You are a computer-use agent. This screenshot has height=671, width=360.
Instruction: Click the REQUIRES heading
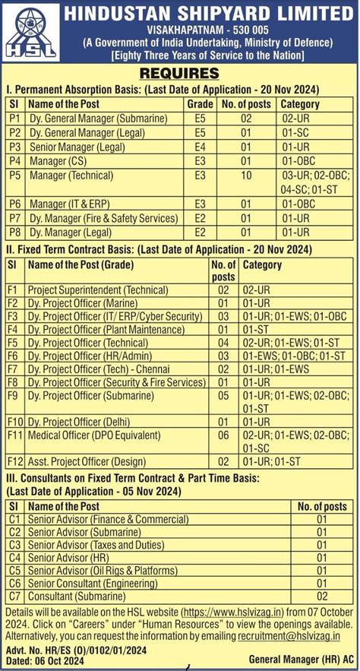click(179, 74)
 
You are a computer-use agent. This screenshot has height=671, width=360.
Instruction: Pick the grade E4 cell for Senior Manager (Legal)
click(200, 146)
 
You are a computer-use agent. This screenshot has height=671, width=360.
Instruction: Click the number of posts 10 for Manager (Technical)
click(245, 175)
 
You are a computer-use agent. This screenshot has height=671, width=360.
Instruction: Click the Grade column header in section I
click(199, 103)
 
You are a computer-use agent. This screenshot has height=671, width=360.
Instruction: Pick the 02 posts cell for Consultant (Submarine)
click(322, 596)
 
